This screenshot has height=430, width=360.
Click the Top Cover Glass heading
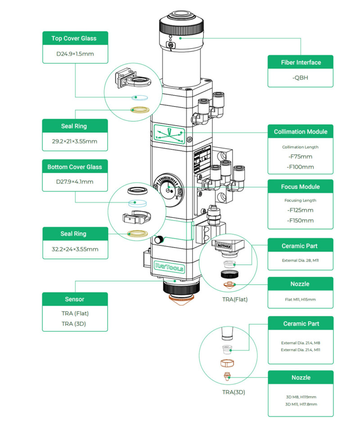coord(75,38)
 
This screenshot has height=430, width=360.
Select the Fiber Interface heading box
coord(301,62)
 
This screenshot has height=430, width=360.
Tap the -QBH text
coord(301,77)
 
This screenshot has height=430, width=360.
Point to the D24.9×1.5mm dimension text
coord(75,55)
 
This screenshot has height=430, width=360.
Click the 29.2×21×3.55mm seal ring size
coord(75,142)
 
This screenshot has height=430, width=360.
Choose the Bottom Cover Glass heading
coord(75,167)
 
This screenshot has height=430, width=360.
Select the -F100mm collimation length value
coord(301,167)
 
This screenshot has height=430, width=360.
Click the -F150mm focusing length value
coord(301,220)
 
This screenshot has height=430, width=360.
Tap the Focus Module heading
coord(301,187)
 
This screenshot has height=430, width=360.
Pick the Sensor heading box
coord(75,299)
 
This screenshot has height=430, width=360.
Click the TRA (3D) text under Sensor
coord(75,323)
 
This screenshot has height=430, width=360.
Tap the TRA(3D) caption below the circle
coord(234,392)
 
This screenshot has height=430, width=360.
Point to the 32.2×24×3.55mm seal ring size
coord(75,249)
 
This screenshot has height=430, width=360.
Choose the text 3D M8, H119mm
coord(301,397)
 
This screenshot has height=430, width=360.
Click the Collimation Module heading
coord(301,132)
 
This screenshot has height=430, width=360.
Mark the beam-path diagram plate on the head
coord(169,134)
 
